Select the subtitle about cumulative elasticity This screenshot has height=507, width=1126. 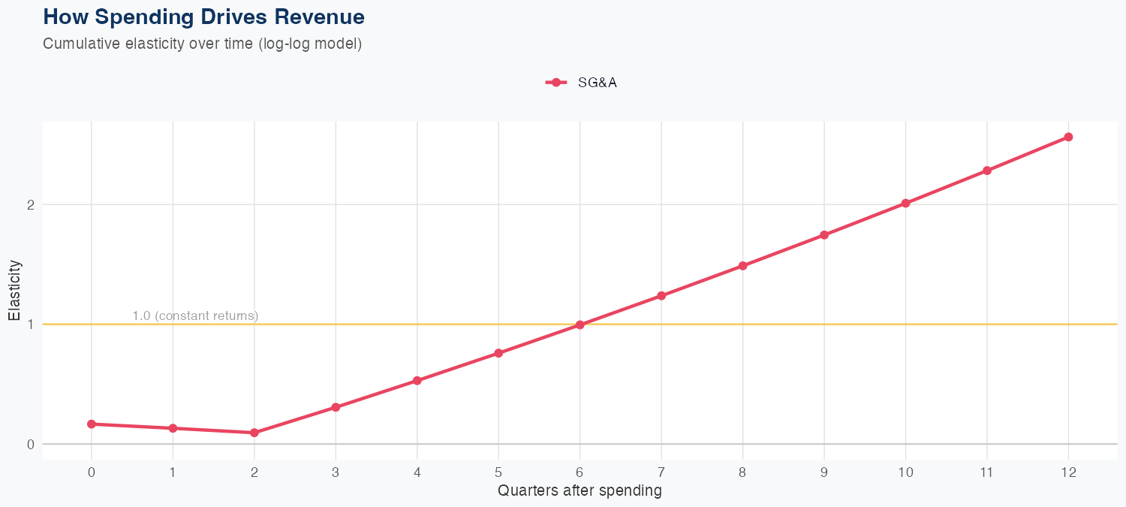[203, 44]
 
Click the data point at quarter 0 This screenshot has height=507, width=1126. [92, 424]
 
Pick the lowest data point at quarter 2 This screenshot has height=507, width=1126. [254, 433]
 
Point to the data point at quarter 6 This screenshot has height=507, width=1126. [580, 324]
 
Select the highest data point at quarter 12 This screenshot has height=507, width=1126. [1068, 137]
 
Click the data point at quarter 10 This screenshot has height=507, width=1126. [905, 203]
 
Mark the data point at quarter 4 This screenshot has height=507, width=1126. [417, 381]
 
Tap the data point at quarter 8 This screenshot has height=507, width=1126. [743, 266]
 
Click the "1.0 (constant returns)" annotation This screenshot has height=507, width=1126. [195, 315]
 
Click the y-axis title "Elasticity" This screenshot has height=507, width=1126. [14, 290]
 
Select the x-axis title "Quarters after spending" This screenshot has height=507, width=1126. [580, 491]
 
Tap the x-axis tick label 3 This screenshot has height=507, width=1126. [336, 472]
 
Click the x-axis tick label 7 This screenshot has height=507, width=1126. [661, 472]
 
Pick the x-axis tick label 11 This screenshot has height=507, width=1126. [986, 472]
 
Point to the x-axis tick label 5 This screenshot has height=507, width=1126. [498, 472]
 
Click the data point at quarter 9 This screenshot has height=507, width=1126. [824, 235]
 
